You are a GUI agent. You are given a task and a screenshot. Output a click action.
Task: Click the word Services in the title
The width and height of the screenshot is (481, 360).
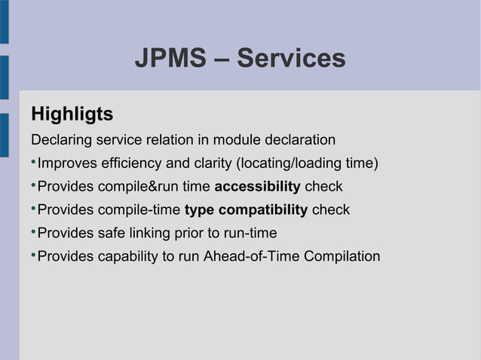pos(291,58)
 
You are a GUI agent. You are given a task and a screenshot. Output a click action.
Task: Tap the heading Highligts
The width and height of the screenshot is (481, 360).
pos(72,114)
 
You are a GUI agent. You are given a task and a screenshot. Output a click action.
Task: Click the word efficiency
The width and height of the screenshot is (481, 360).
pos(130,163)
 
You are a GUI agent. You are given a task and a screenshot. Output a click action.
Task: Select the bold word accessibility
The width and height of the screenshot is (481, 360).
pos(257,187)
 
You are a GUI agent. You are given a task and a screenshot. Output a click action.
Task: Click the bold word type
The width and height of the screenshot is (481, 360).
pos(199,210)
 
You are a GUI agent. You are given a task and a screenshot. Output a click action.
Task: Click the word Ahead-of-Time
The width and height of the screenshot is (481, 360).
pos(252,257)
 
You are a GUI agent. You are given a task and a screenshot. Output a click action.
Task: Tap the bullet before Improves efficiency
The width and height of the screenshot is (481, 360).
pos(33,163)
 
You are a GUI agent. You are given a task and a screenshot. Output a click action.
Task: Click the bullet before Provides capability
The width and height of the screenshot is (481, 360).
pos(33,256)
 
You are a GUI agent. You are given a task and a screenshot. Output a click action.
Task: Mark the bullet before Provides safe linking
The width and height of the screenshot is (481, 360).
pos(33,233)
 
